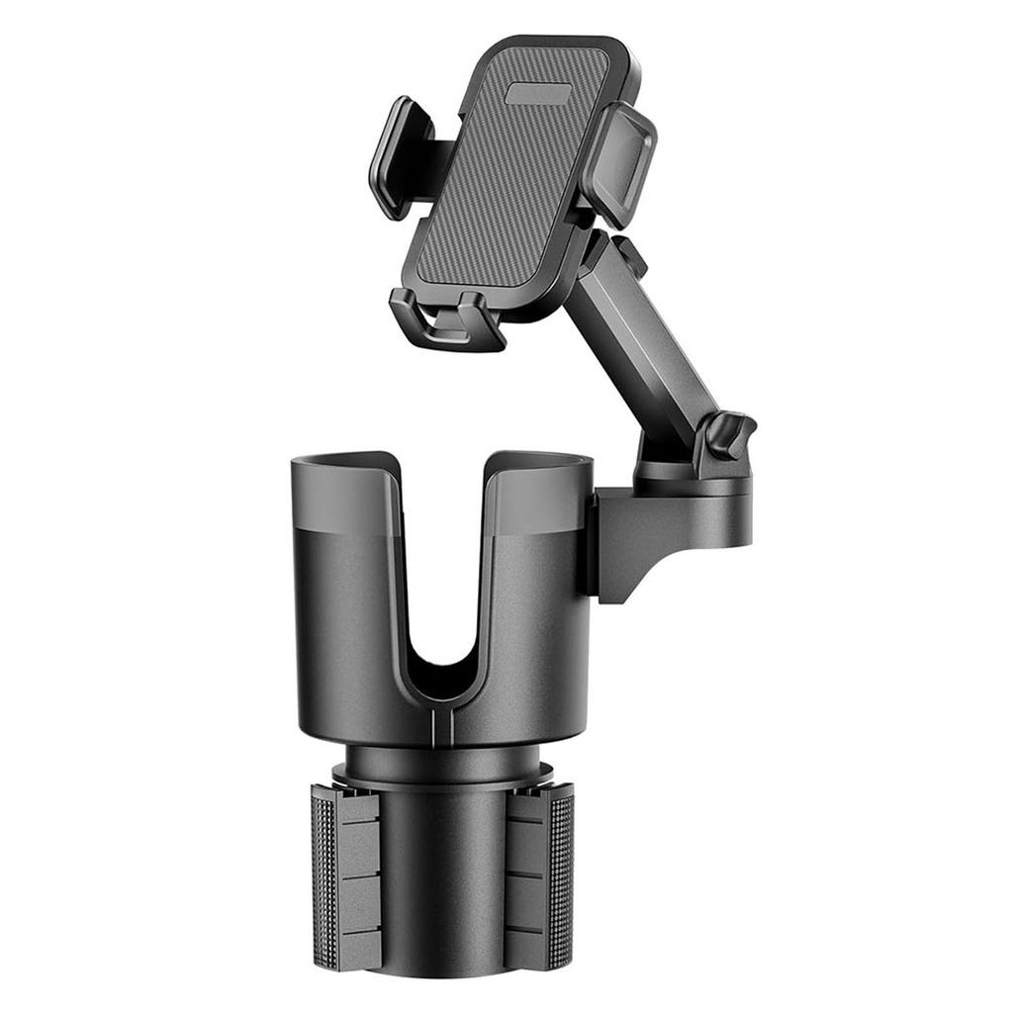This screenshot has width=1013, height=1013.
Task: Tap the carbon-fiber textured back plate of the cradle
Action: click(505, 188)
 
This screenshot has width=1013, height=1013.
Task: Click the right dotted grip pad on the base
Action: click(560, 875)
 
